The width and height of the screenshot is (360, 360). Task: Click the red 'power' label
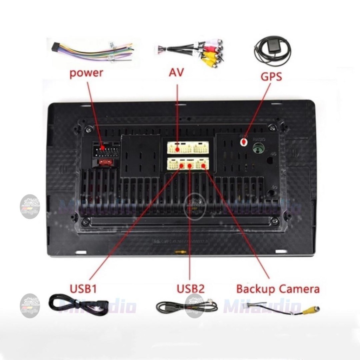(86, 73)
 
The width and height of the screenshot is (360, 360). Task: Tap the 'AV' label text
(176, 73)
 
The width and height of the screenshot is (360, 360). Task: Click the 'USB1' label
(83, 289)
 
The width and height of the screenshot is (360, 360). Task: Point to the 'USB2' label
(190, 289)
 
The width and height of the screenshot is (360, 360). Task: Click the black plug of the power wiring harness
(56, 46)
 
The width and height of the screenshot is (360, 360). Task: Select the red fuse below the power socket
(105, 162)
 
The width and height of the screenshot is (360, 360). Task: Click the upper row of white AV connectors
(188, 147)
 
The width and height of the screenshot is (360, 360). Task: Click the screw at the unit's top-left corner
(89, 129)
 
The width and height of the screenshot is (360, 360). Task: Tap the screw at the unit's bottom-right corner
(275, 221)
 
